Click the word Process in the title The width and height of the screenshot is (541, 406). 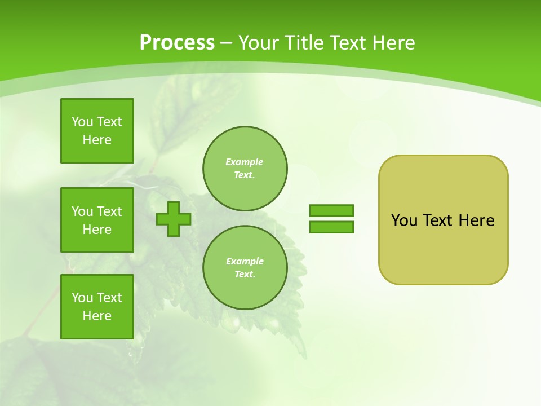click(177, 43)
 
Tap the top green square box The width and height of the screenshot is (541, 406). click(97, 131)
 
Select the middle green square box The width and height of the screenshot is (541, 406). click(97, 220)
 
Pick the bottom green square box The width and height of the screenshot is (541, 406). click(97, 307)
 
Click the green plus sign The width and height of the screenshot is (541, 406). click(174, 219)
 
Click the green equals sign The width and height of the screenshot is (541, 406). click(331, 219)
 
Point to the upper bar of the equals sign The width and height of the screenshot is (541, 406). click(331, 210)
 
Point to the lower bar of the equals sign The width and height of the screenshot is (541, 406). click(331, 227)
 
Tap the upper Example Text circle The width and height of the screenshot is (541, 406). click(245, 168)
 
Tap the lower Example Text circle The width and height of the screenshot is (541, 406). click(245, 267)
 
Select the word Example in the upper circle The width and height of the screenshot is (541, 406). click(244, 162)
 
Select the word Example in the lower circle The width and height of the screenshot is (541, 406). click(244, 261)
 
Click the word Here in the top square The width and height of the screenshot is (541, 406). click(97, 140)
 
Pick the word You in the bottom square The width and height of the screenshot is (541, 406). click(82, 298)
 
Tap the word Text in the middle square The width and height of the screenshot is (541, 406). click(109, 211)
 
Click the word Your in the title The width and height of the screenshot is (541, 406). click(259, 43)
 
